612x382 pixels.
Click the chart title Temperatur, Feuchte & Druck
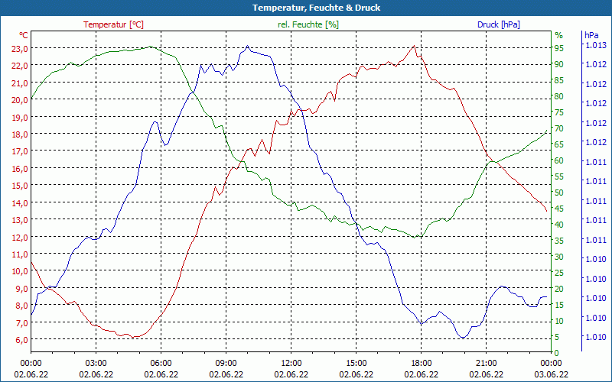[306, 8]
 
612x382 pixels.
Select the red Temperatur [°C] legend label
[113, 24]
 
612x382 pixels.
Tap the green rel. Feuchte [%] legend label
[308, 24]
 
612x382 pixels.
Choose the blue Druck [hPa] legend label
[498, 24]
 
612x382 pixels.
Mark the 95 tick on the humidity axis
[559, 48]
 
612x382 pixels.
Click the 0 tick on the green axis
[557, 353]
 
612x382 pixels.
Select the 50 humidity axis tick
[559, 193]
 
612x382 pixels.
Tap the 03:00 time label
[96, 363]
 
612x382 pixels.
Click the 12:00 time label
[291, 363]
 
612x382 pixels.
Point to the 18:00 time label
[421, 363]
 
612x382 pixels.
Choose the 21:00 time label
[486, 363]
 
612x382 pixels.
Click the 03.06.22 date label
[551, 374]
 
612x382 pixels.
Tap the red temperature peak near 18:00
[415, 46]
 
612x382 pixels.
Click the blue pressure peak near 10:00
[247, 47]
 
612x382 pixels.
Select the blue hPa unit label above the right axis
[591, 35]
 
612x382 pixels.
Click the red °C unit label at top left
[24, 35]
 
